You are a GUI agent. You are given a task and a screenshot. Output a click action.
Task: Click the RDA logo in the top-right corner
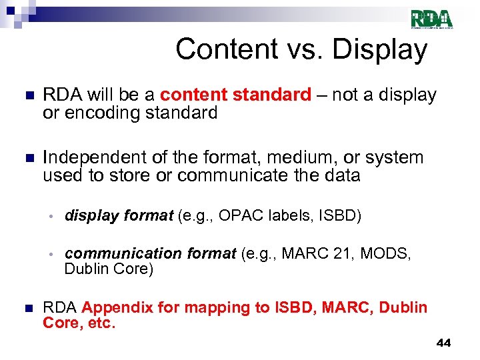(431, 19)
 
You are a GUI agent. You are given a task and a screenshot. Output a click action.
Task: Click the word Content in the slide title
(219, 49)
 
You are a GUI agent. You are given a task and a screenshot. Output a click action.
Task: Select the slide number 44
(443, 343)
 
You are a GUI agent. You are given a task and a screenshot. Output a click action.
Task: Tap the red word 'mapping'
(222, 307)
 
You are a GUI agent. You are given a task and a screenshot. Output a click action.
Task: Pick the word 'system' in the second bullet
(399, 158)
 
